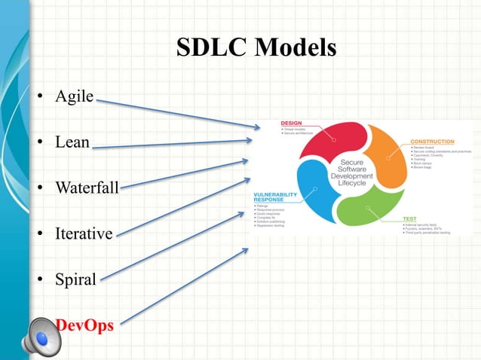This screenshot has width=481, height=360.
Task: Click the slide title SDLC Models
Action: (256, 48)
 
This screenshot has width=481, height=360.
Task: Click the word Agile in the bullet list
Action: (75, 97)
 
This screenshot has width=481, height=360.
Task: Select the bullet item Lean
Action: (72, 142)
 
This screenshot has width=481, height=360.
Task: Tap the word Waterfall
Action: (87, 187)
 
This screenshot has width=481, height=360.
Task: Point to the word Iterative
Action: (84, 233)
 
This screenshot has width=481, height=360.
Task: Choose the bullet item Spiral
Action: (75, 279)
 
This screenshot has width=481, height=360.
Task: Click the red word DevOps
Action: (84, 325)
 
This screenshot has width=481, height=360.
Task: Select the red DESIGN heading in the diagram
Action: (291, 123)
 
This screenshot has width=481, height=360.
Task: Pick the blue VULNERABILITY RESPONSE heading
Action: (274, 197)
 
